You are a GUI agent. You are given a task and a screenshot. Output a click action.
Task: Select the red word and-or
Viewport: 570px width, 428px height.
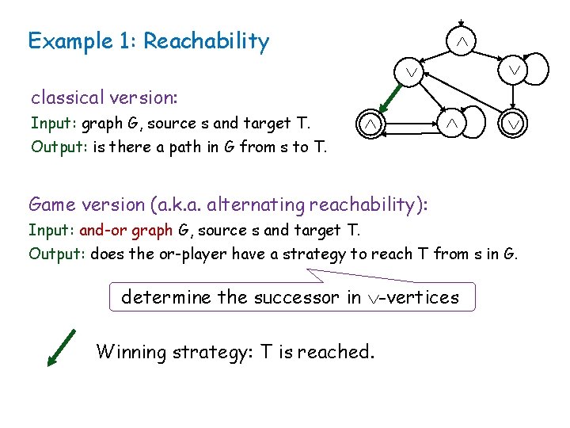coord(102,231)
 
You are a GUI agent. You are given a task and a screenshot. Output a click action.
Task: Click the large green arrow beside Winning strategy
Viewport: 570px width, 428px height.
coord(61,348)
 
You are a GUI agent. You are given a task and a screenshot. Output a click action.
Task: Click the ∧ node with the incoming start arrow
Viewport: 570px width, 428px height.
coord(461,42)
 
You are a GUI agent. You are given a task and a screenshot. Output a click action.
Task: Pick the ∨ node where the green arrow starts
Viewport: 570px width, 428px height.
coord(410,72)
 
